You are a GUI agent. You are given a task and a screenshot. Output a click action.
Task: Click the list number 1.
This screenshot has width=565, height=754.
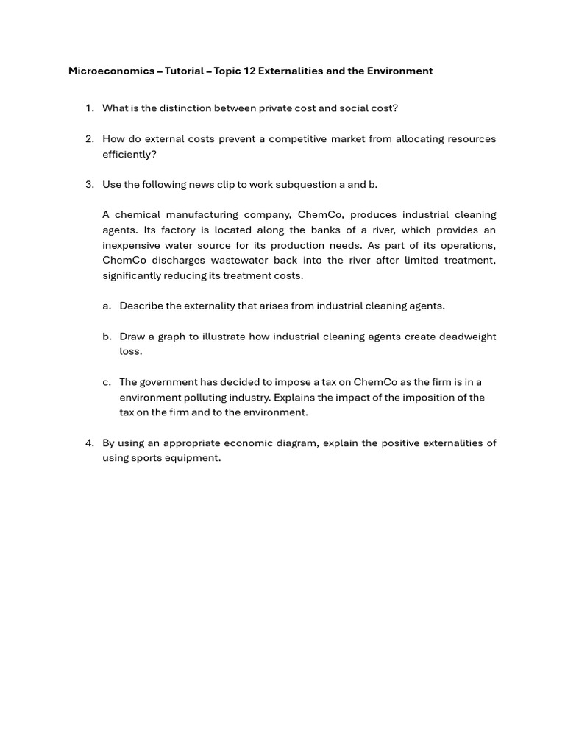89,108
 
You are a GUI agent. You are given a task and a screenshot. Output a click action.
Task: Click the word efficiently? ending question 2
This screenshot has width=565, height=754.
129,155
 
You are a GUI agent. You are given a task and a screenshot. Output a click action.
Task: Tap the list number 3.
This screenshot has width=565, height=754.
89,185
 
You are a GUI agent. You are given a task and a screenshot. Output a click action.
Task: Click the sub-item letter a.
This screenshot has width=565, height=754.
107,306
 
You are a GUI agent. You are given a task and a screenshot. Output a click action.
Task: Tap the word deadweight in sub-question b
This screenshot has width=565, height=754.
467,337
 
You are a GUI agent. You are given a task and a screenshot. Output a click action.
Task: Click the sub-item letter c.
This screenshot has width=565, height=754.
107,382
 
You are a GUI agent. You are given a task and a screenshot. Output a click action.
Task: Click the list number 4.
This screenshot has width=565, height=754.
89,443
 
